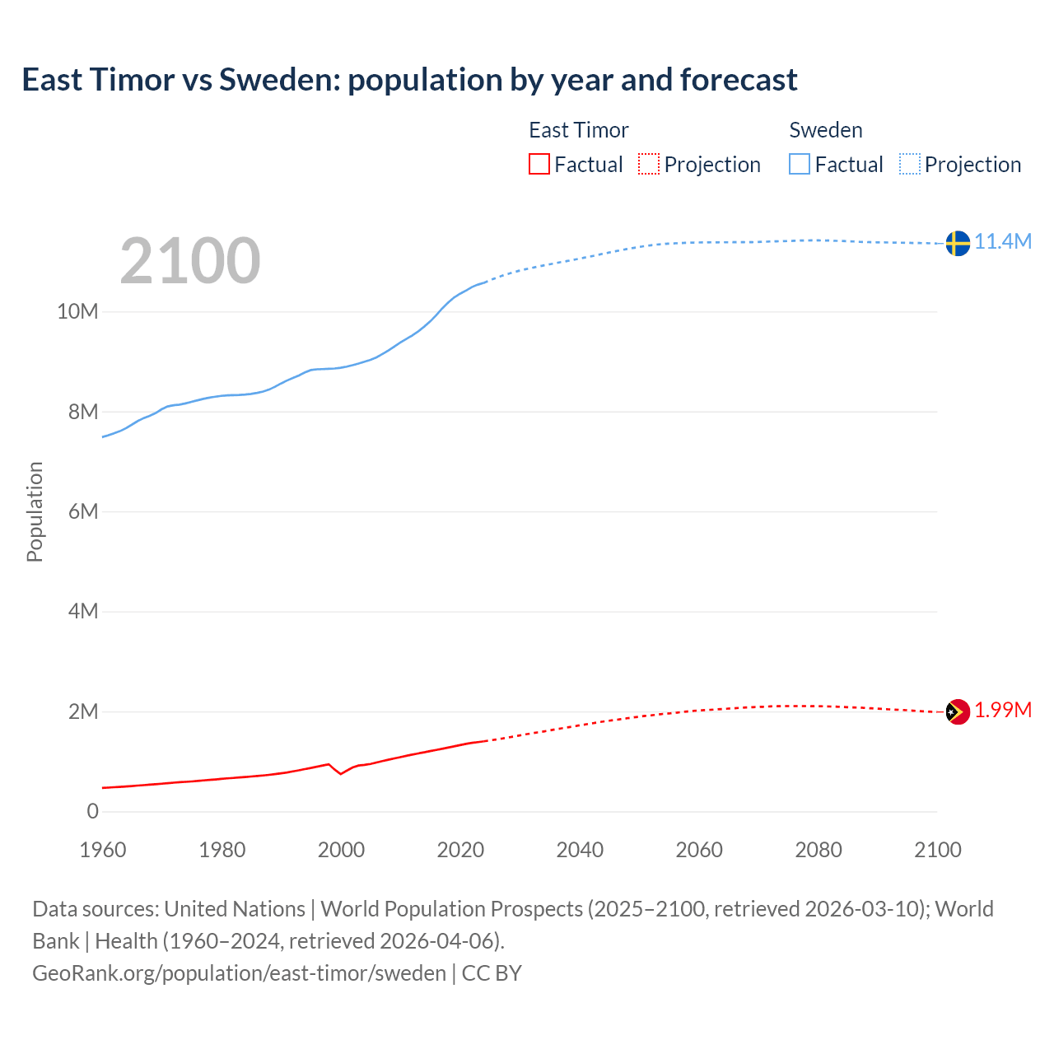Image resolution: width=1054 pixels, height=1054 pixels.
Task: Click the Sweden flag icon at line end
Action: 957,243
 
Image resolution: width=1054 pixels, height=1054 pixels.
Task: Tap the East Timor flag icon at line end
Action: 957,711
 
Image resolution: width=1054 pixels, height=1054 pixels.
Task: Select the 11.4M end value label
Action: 1003,241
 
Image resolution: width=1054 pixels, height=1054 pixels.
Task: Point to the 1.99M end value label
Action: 1003,710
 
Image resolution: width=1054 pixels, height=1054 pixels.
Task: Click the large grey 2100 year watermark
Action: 190,261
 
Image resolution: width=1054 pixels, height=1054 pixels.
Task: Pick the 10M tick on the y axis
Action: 77,311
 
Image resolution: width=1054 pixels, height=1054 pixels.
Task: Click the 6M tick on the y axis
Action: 82,511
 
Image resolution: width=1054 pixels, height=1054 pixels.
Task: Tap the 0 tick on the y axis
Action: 92,811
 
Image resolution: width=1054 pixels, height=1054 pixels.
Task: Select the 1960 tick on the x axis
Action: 103,850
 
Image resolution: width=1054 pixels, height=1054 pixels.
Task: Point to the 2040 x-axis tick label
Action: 580,850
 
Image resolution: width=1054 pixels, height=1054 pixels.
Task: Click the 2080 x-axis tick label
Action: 818,850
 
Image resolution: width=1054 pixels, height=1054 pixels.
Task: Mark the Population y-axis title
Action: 35,511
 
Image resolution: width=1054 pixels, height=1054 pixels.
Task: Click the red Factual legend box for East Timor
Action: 539,164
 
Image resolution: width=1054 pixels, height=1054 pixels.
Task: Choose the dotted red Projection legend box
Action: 649,164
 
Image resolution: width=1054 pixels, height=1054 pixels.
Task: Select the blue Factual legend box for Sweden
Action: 800,164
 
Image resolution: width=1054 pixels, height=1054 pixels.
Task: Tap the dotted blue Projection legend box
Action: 910,164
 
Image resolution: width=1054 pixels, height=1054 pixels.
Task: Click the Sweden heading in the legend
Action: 826,130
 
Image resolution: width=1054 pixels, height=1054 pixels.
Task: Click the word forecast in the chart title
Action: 738,80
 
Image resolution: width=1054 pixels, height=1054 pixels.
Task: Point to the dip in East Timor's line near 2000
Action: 340,773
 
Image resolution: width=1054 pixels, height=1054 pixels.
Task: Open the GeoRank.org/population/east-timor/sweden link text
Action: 239,972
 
